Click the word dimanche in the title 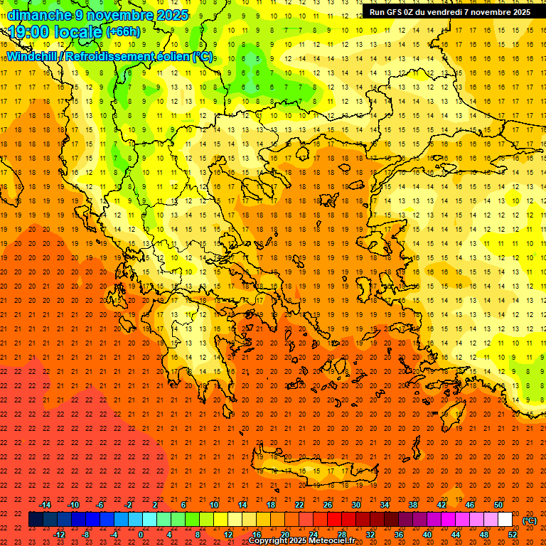(39, 15)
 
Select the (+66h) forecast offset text (123, 32)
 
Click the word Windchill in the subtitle (32, 56)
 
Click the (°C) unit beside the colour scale (530, 520)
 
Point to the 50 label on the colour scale (498, 505)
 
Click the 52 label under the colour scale (513, 535)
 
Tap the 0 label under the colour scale (141, 535)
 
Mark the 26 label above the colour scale (328, 505)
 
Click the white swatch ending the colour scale (505, 520)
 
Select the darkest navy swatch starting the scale (36, 520)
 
